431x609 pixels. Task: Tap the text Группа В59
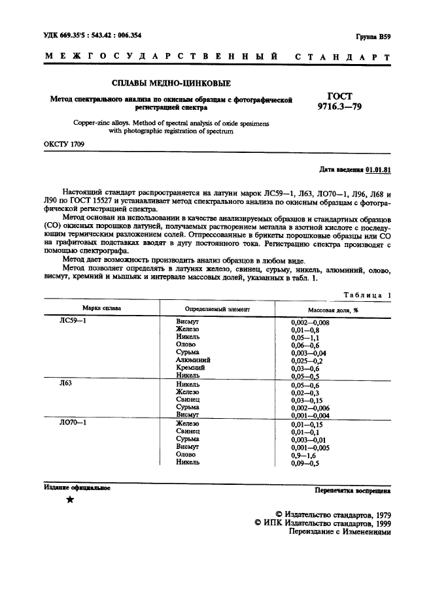click(x=373, y=38)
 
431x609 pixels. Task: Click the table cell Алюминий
click(x=194, y=359)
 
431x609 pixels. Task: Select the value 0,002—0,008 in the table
click(x=310, y=323)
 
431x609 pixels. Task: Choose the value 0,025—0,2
click(x=307, y=359)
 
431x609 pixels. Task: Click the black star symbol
click(x=69, y=501)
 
